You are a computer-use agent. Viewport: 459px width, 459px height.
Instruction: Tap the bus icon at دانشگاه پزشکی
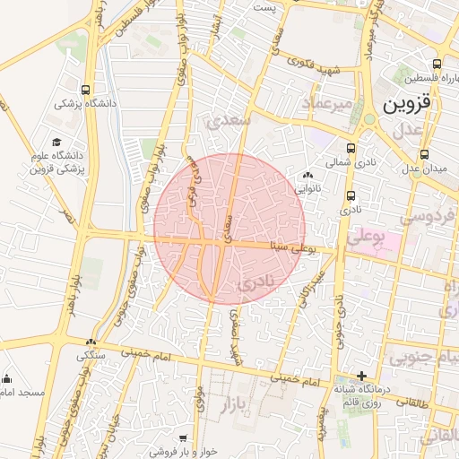(85, 90)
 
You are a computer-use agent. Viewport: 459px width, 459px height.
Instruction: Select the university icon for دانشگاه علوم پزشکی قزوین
(57, 143)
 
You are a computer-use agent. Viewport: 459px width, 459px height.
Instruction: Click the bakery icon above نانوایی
(308, 176)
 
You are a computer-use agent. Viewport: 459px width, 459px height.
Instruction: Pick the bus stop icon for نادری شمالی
(350, 149)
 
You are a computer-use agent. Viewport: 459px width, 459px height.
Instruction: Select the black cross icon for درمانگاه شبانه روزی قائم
(361, 376)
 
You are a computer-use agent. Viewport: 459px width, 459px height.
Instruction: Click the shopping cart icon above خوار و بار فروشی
(183, 437)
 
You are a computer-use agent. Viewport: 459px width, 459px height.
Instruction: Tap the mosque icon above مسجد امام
(7, 378)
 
